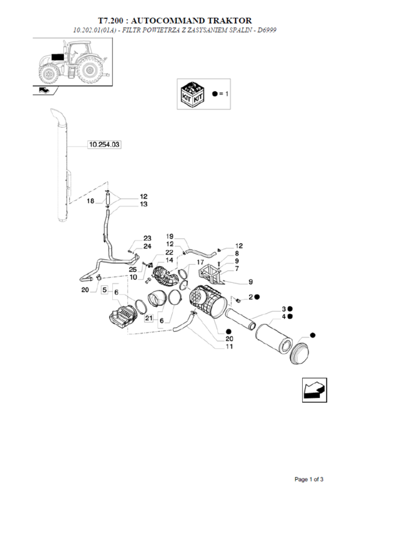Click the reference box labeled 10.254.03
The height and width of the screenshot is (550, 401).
pos(104,144)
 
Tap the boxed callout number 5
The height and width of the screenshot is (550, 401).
pos(104,290)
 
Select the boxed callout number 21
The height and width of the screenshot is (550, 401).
pos(149,318)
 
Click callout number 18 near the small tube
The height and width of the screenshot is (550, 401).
pos(90,201)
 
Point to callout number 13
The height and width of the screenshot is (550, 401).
pos(143,204)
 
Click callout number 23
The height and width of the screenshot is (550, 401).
pos(147,238)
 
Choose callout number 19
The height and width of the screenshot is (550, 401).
pos(170,236)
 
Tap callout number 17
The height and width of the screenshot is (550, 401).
pos(200,262)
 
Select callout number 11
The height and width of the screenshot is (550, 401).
pos(229,346)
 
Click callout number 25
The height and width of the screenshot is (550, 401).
pos(132,269)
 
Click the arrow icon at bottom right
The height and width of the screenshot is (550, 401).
pos(314,390)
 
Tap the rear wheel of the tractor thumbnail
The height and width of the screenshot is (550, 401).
pos(90,70)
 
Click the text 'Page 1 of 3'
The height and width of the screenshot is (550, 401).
pos(309,479)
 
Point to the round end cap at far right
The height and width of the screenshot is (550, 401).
pos(300,354)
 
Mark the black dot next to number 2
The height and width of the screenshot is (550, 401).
pos(257,297)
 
